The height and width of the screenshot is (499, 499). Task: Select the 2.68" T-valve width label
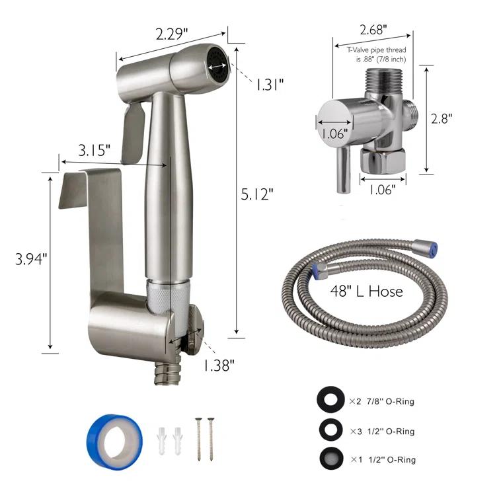point(373,29)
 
